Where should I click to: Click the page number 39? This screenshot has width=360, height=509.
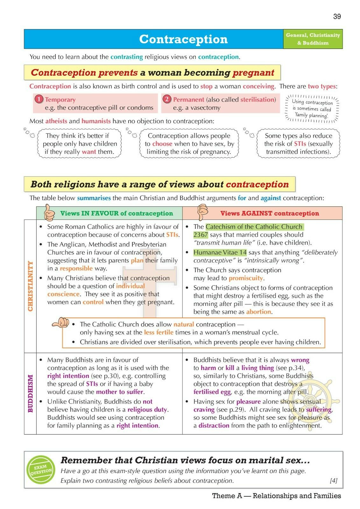(337, 17)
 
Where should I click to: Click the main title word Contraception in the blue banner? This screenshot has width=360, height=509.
(183, 39)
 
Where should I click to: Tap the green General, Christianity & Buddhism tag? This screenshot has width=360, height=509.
(313, 39)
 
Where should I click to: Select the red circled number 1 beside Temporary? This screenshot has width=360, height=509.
(39, 99)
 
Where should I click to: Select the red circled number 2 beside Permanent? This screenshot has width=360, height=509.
(167, 99)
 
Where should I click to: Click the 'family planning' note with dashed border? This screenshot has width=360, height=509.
(312, 109)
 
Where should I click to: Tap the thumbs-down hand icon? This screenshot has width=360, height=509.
(202, 212)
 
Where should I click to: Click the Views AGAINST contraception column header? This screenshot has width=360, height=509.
(269, 213)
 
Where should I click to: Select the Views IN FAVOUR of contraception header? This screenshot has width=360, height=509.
(116, 213)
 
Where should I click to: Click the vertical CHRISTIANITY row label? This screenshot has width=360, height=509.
(31, 286)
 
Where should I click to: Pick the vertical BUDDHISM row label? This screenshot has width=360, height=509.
(31, 393)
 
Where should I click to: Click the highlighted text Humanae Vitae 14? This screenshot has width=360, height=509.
(220, 253)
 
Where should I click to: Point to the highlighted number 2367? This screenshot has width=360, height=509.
(201, 235)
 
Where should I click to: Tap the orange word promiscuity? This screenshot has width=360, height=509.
(246, 278)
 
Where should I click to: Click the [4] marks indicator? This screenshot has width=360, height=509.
(333, 481)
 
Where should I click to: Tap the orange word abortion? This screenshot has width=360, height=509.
(259, 312)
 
